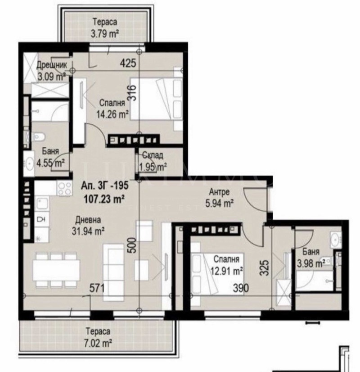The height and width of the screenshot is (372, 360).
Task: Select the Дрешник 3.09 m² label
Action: pyautogui.click(x=52, y=71)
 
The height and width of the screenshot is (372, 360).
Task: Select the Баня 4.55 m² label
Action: pyautogui.click(x=50, y=157)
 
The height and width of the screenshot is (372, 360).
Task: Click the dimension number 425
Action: pyautogui.click(x=128, y=64)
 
